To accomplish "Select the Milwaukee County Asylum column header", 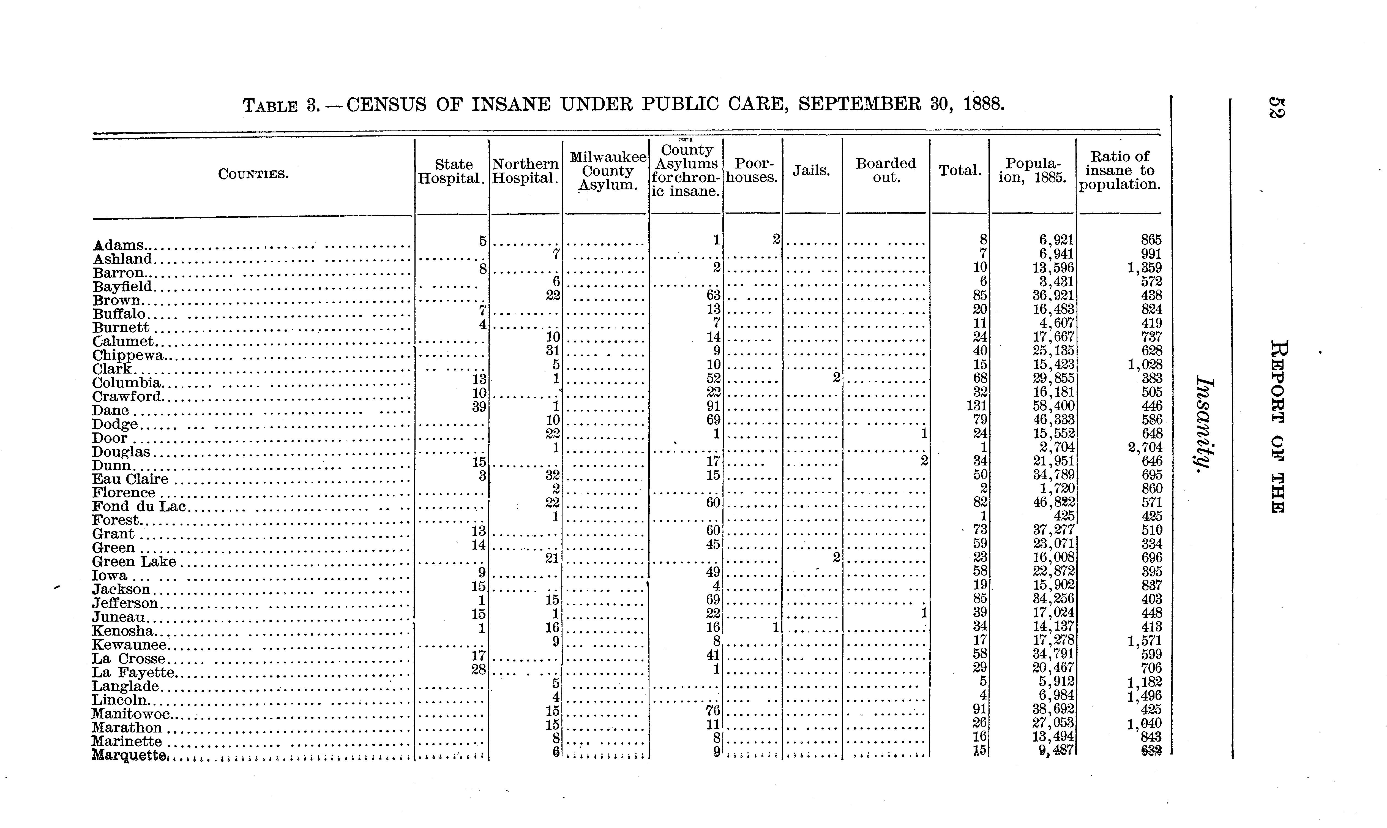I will click(607, 171).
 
